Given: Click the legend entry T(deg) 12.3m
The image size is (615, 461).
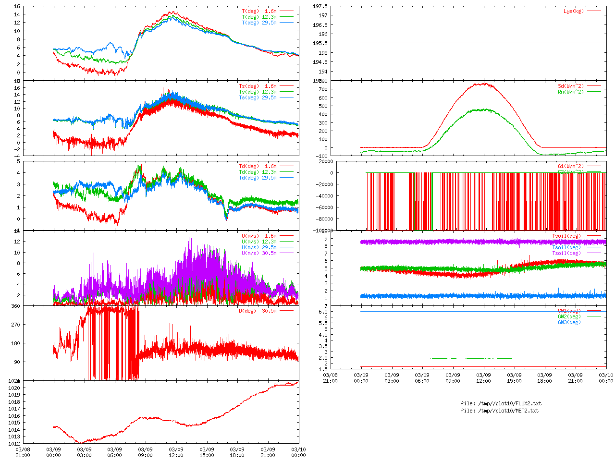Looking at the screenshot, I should [259, 17].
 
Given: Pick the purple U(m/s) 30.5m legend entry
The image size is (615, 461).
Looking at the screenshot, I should [259, 253].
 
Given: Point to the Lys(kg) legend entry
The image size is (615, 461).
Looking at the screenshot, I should [573, 11].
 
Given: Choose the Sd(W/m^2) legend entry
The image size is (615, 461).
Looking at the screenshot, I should [570, 86].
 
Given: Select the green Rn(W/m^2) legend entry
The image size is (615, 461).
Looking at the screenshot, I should [570, 92].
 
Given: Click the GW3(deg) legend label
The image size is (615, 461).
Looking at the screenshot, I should [569, 322].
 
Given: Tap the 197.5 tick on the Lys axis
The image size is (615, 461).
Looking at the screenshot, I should [320, 6].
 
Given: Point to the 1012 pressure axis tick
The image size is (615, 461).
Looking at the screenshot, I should [14, 444].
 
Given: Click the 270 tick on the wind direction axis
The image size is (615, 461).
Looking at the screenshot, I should [15, 325].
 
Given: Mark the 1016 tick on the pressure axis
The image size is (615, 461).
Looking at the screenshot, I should [14, 416].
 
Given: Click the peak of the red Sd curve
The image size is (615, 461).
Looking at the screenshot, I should [484, 84].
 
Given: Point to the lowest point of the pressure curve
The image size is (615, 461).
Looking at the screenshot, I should [82, 443].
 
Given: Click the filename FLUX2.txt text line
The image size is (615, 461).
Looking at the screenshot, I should [501, 403].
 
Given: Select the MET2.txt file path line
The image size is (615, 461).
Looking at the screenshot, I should [500, 411].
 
